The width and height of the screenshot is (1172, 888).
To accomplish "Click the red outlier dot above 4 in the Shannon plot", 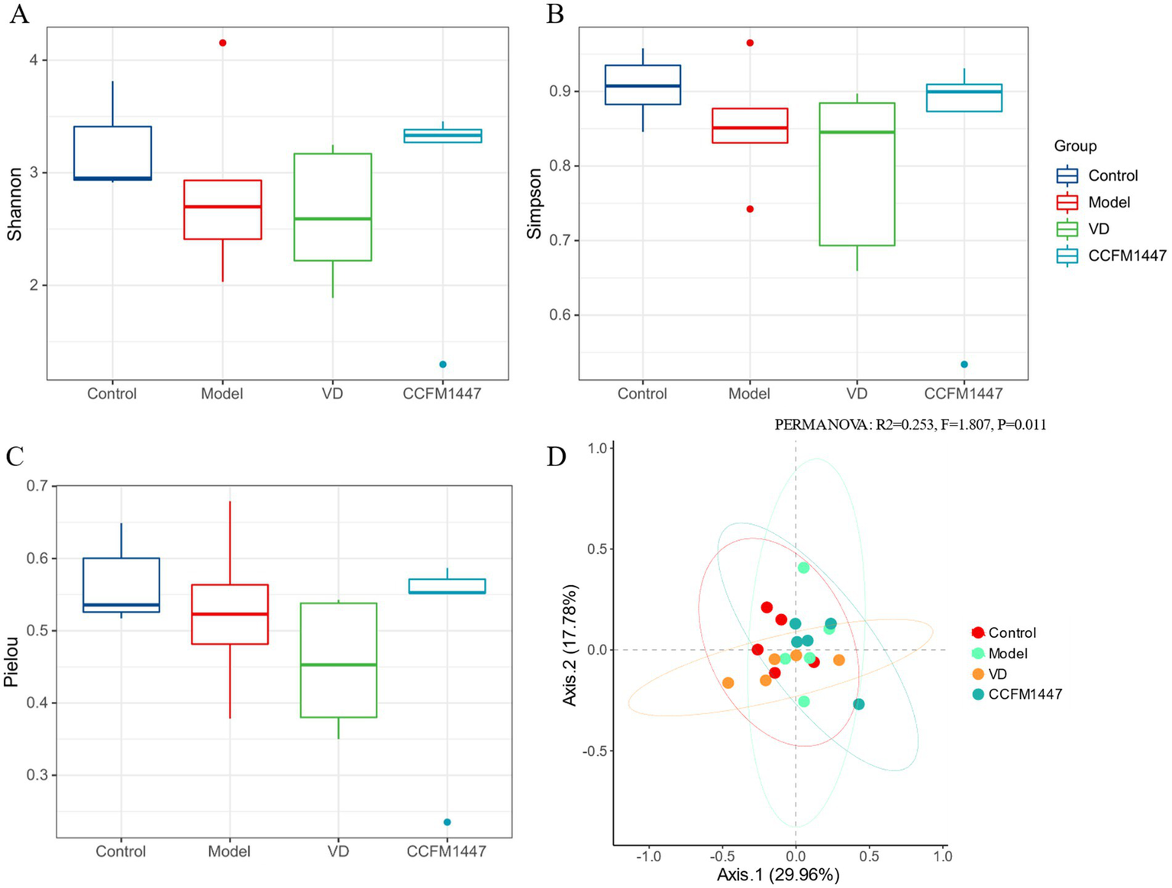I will pos(223,43).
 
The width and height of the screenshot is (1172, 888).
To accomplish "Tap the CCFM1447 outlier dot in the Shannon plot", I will pos(443,365).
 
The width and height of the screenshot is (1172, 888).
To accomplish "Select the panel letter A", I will pos(19,15).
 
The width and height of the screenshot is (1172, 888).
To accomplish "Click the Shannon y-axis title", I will pos(15,204).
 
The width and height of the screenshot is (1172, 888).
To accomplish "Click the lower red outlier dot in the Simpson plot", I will pos(750,209).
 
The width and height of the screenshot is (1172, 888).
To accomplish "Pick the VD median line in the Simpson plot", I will pos(857,132).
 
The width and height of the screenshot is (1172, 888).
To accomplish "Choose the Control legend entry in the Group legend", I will pos(1112,175).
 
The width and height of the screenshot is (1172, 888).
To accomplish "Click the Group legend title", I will pos(1075,146).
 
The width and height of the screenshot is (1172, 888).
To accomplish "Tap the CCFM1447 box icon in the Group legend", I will pos(1067,256).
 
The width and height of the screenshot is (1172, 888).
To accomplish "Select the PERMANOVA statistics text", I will pos(910,425).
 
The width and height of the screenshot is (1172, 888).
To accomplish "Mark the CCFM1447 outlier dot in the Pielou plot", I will pos(447,822).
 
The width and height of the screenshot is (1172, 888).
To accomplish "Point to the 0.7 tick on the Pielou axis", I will pos(37,486).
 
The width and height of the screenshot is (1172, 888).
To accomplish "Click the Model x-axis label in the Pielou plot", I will pos(229,851).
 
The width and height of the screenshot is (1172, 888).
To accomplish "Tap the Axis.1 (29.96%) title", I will pos(778,875).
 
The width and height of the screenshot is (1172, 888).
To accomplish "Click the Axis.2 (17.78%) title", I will pos(570,645).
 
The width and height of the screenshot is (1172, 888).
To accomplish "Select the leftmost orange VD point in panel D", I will pos(728,683).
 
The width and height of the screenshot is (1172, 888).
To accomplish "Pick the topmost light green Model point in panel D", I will pos(803,568).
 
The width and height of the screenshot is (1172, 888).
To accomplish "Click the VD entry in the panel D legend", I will pos(997,674).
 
